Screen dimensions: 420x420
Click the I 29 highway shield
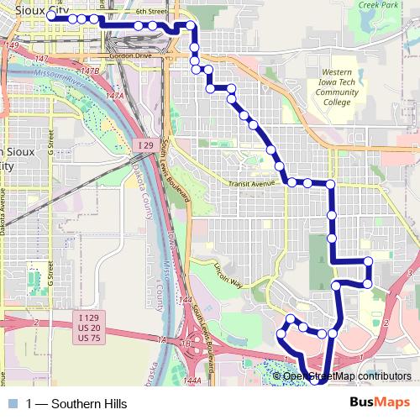tap(144, 145)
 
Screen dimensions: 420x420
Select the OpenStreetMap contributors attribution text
tap(347, 375)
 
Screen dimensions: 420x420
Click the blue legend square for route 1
tap(12, 404)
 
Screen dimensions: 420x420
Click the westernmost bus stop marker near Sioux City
tap(51, 17)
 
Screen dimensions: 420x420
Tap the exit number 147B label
tap(89, 71)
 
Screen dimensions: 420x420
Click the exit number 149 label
tap(11, 45)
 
